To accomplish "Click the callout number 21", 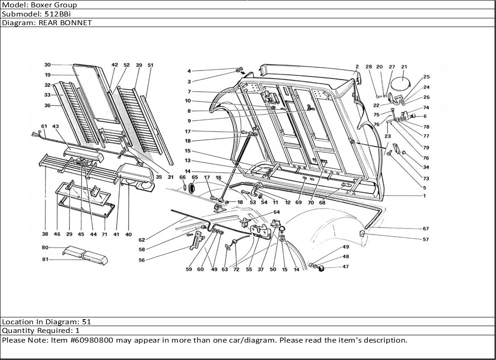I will click(x=404, y=67).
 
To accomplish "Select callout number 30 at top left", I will click(x=47, y=65).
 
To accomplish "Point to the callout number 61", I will click(x=44, y=126).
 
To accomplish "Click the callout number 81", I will click(x=45, y=260).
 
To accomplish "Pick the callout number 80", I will click(x=45, y=248).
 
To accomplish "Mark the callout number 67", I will click(x=426, y=229).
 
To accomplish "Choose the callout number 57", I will click(x=426, y=240).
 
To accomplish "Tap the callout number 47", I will click(x=345, y=267).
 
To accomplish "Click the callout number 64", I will click(x=277, y=212).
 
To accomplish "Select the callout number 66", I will click(x=182, y=177).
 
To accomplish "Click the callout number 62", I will click(x=142, y=240).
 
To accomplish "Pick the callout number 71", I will click(x=104, y=235).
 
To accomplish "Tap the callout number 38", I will click(x=45, y=235).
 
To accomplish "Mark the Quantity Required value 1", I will click(x=77, y=331).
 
